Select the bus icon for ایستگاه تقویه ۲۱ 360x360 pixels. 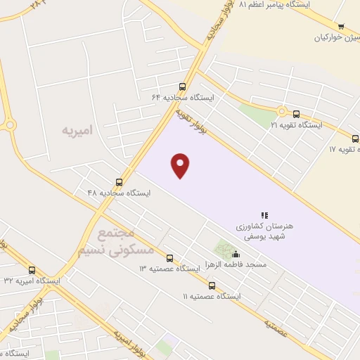click(296, 114)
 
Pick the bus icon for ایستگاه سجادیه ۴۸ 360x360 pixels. click(119, 181)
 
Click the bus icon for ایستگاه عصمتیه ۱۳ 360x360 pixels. click(169, 258)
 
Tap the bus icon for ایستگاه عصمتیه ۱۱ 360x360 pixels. click(212, 285)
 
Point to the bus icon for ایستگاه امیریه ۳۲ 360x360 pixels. click(32, 269)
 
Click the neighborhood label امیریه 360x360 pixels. click(77, 131)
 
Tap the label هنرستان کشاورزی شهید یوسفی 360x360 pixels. click(264, 231)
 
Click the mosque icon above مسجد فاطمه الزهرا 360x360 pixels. click(236, 255)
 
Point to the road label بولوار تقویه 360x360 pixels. click(189, 118)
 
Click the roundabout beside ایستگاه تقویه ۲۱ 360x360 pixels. click(281, 111)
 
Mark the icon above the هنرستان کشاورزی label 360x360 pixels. click(264, 215)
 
